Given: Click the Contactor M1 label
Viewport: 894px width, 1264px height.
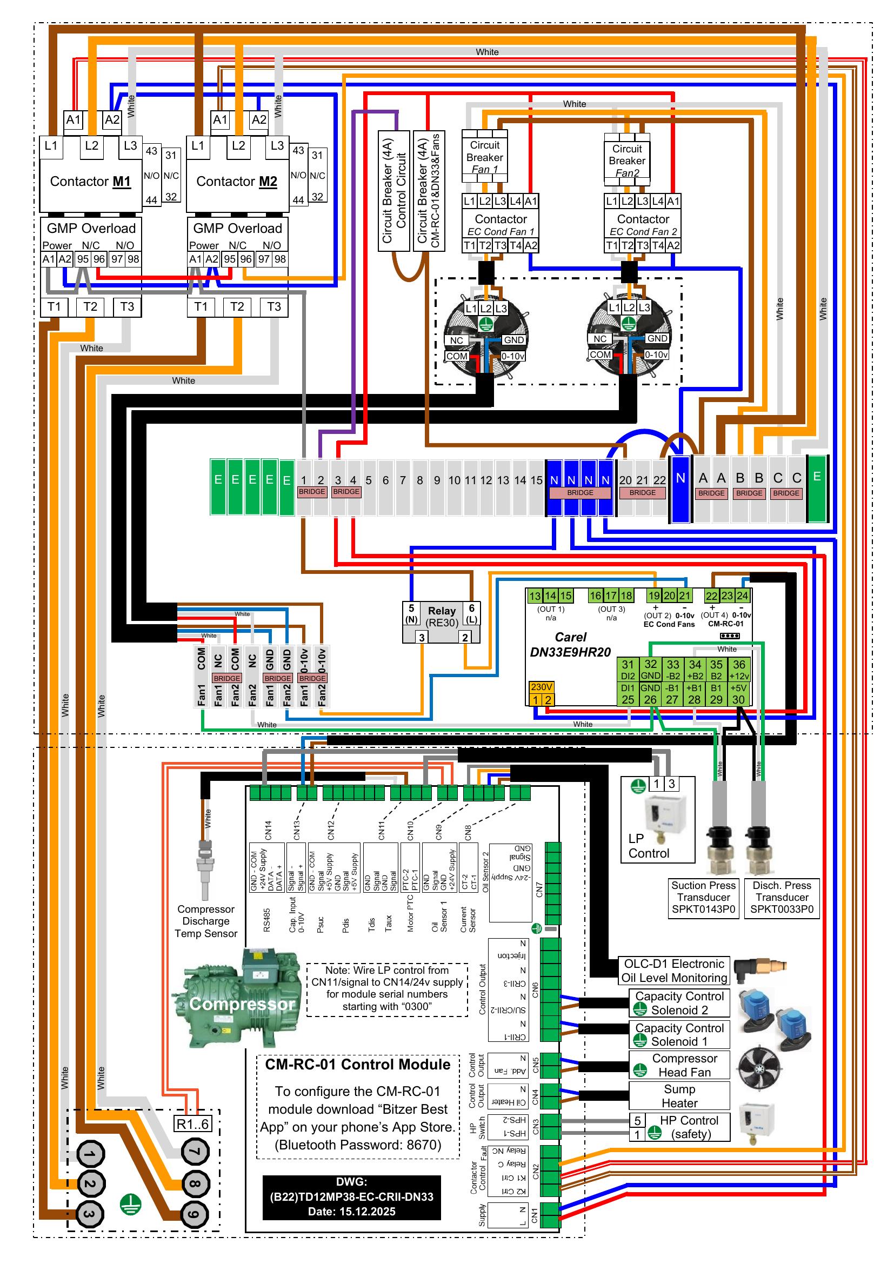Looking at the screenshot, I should pos(91,182).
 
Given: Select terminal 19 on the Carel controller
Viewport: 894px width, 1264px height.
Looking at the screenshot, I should pos(654,596).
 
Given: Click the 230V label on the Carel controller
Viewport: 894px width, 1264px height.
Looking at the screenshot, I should pos(541,687).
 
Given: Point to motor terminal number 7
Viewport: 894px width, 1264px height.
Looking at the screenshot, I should pos(196,1151).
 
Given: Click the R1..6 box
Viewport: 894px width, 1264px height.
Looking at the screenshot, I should pos(192,1123).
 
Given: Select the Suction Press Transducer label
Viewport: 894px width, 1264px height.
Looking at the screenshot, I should pos(703,898).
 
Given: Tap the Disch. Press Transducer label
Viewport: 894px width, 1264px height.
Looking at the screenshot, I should pos(782,898).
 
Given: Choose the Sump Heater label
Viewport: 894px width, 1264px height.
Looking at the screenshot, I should pos(679,1096).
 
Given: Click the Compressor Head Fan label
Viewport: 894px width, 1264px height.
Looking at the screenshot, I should pos(684,1065).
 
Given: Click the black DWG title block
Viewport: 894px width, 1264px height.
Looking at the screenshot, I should pos(351,1197).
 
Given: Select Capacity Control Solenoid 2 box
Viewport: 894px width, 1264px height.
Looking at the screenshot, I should pos(679,1003).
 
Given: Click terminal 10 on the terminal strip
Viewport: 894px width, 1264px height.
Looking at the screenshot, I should pos(454,480).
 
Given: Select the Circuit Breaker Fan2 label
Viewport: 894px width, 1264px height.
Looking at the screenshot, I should pos(627,160).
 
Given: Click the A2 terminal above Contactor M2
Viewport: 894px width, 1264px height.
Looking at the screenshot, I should pos(259,119).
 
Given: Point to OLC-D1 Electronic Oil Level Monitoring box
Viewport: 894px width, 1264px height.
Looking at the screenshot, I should pos(674,971).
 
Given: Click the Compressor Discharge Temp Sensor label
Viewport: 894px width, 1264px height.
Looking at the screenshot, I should pos(206,921).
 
